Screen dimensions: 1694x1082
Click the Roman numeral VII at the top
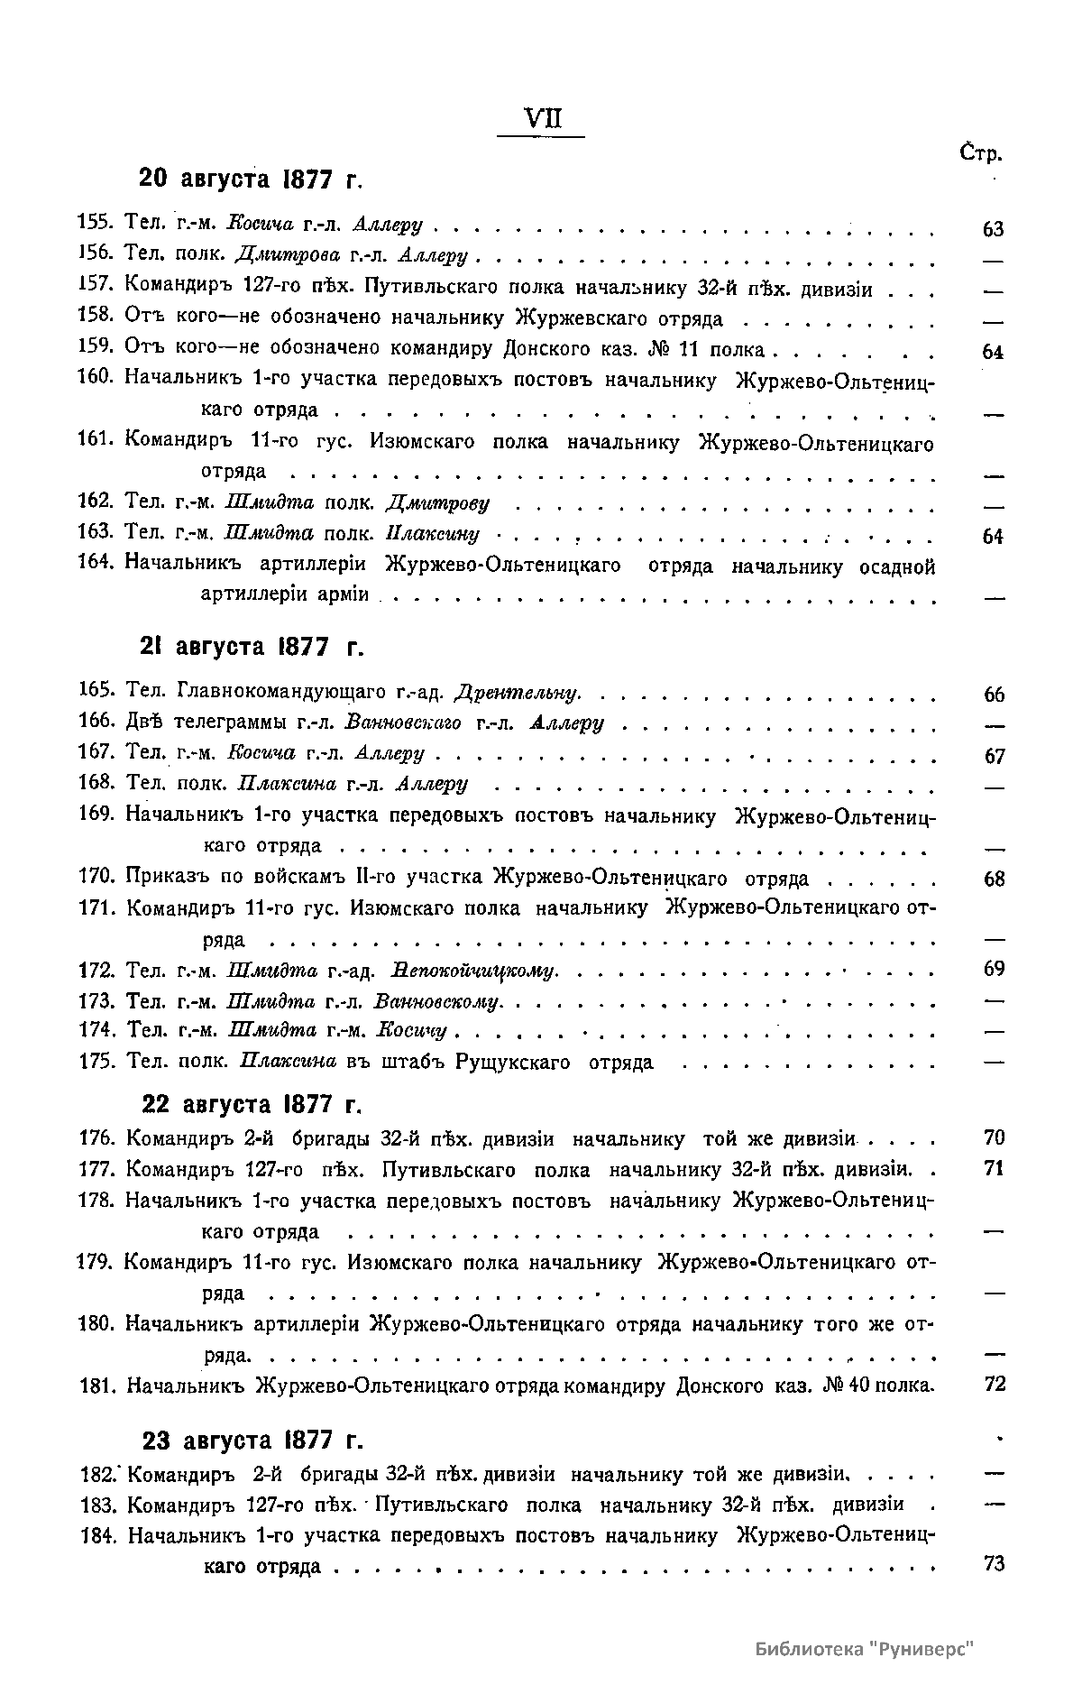[541, 119]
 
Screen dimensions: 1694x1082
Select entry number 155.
[94, 224]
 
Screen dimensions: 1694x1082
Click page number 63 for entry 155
[993, 230]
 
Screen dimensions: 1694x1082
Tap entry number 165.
[94, 691]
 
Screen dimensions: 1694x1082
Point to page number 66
[994, 695]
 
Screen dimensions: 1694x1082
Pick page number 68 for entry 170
[994, 879]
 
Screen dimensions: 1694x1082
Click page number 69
[994, 970]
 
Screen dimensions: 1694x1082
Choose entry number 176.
[95, 1139]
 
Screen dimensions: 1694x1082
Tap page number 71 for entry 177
[994, 1169]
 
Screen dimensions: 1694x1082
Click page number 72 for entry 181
[994, 1384]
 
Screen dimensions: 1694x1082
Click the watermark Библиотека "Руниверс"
[866, 1649]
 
